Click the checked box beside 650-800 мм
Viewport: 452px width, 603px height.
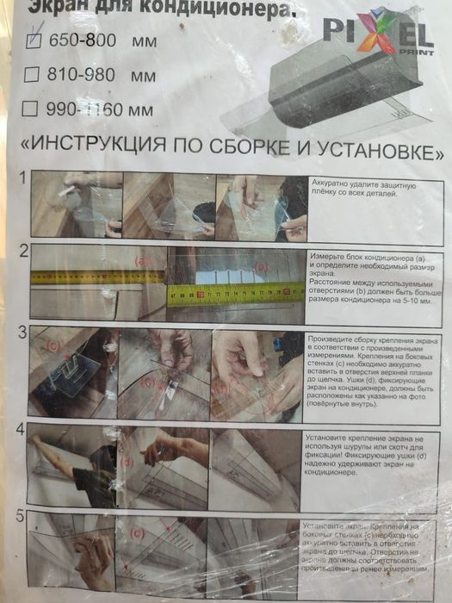pos(35,40)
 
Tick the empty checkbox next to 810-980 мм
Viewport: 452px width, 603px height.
pos(33,75)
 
